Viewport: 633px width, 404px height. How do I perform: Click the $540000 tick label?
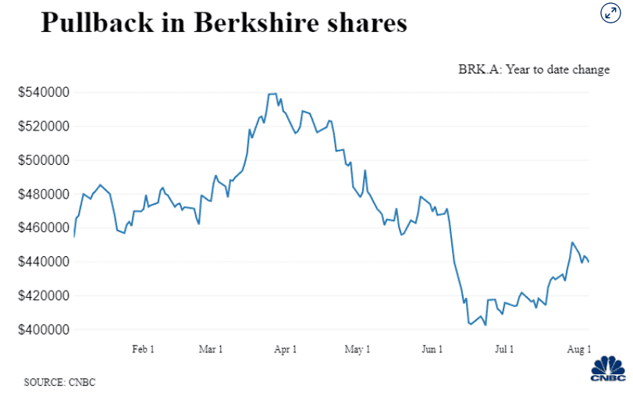click(44, 93)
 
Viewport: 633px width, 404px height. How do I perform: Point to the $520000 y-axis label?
click(44, 127)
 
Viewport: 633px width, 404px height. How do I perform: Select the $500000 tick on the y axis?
click(44, 160)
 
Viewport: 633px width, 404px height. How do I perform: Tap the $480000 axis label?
click(44, 195)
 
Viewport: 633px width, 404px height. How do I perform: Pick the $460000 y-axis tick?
click(44, 228)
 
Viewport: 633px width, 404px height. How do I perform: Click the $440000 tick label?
click(44, 262)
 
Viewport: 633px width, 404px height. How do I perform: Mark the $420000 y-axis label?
click(44, 296)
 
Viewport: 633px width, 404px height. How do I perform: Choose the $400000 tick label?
click(44, 330)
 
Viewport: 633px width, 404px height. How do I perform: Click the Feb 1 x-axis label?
click(142, 349)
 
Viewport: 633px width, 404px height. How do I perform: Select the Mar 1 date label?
click(210, 349)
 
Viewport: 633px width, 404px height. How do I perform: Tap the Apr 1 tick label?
click(285, 349)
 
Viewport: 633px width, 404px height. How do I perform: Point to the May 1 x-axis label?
click(357, 349)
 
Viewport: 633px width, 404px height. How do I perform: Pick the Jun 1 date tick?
click(432, 349)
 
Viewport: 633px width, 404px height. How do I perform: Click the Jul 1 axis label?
click(503, 349)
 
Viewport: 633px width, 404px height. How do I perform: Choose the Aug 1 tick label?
click(578, 349)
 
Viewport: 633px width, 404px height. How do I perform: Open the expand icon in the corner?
click(610, 13)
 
